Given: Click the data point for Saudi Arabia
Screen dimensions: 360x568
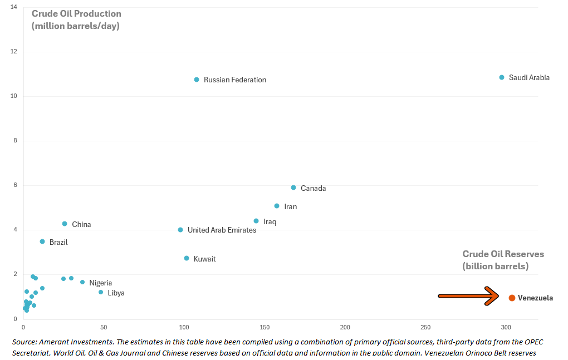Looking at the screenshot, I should coord(502,77).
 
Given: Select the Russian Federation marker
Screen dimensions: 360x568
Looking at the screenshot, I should coord(197,80).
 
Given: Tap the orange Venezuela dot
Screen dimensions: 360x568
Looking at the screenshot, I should coord(512,298).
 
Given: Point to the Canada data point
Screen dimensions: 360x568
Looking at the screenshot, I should coord(293,188).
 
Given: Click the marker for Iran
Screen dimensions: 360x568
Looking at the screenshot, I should coord(277,206).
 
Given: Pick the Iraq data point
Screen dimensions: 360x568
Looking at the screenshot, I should coord(256,221).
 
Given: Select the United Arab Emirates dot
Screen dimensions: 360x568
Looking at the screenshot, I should coord(180,230).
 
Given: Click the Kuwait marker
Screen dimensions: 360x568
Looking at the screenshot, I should coord(187,258).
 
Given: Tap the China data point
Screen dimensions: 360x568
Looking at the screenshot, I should coord(65,224).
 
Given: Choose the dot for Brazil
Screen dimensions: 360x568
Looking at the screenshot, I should coord(42,241).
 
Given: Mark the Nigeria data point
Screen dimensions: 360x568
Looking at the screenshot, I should coord(82,282).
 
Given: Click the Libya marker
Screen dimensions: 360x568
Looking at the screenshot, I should coord(101,292).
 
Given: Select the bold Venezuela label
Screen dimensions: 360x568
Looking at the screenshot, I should coord(535,298).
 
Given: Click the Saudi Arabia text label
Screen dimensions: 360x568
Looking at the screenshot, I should coord(529,78).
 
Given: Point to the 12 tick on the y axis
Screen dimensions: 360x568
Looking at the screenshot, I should coord(13,52).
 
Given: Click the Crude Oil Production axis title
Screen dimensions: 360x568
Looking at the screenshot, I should coord(76,19).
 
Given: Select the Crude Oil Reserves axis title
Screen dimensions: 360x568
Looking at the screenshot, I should coord(503,260).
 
